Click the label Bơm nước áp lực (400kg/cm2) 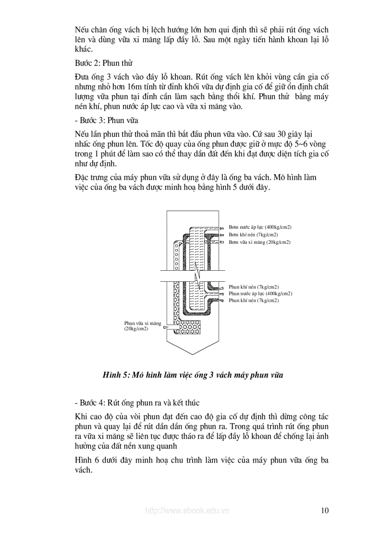click(260, 227)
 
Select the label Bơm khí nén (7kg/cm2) click(253, 235)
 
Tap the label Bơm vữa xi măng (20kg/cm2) click(259, 242)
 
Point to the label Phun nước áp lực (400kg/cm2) click(260, 293)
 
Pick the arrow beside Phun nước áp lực click(222, 293)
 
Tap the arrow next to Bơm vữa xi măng click(223, 242)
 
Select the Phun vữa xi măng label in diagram click(142, 326)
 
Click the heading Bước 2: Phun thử click(103, 63)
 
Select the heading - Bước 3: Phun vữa click(106, 120)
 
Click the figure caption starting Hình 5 click(192, 375)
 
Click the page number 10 click(324, 510)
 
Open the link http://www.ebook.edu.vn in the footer click(187, 511)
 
